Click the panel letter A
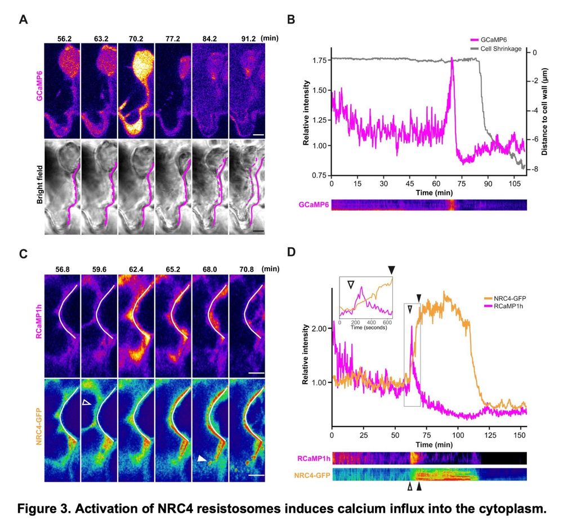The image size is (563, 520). [x=23, y=20]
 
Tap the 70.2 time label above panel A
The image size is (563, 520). [x=136, y=39]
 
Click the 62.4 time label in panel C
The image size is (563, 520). [x=136, y=269]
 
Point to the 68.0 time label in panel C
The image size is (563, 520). [x=210, y=269]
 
